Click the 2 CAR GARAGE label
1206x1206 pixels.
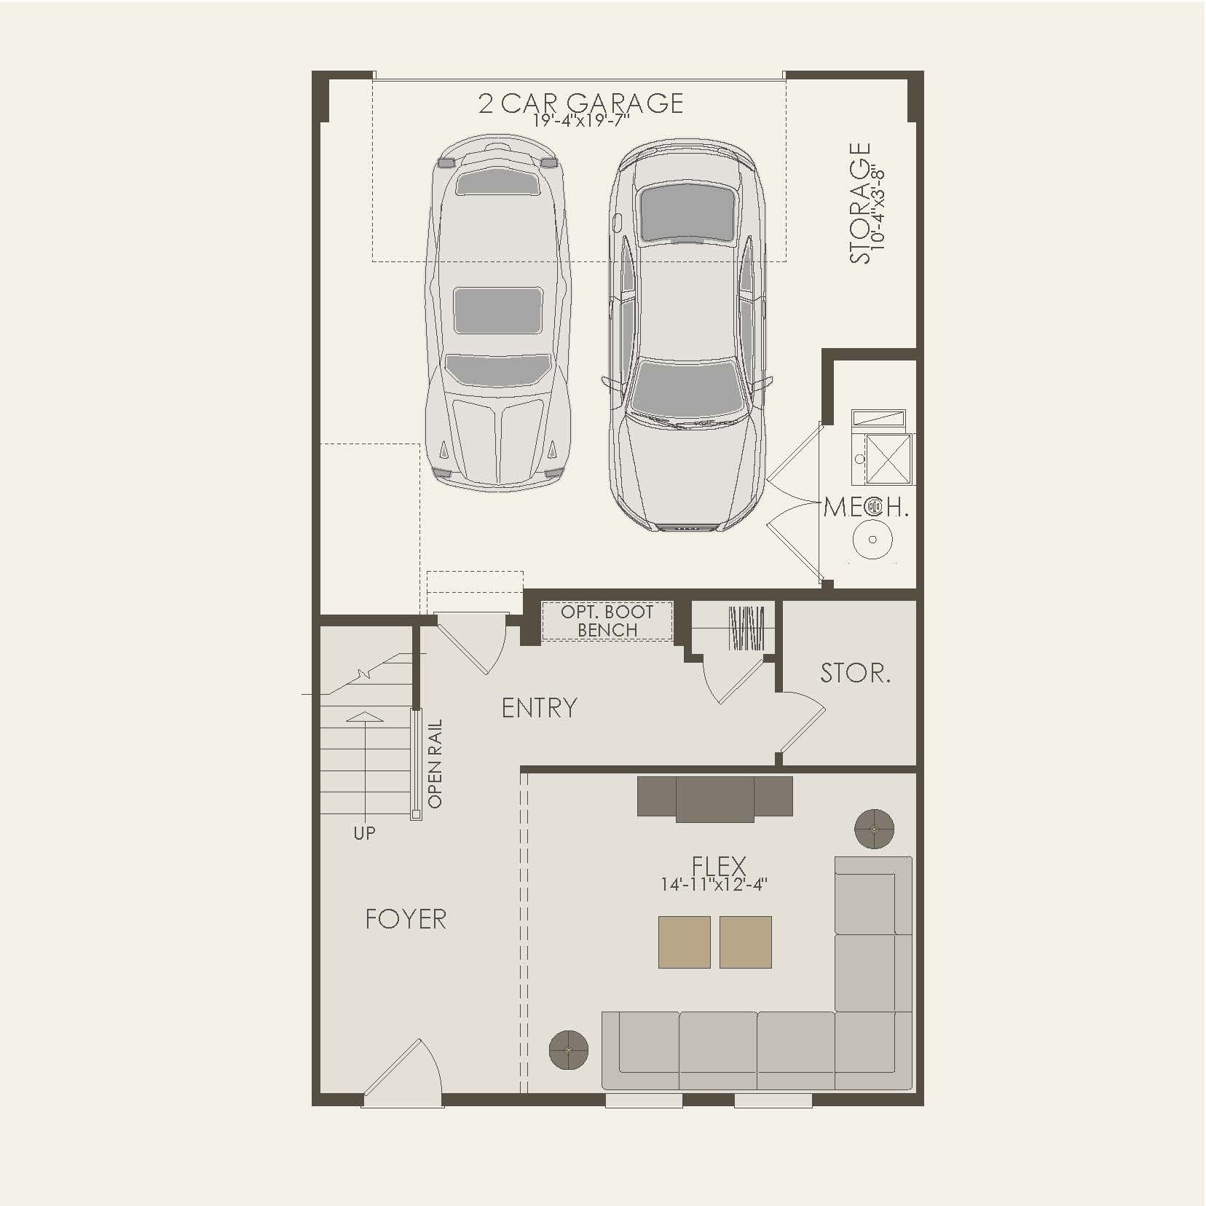(x=580, y=103)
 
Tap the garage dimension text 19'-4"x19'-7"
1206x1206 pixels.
(x=580, y=121)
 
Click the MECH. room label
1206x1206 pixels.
(x=866, y=508)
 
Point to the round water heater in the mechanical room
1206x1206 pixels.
(x=872, y=540)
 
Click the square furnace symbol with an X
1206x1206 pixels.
(x=888, y=459)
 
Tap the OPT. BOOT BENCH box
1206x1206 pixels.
(x=607, y=621)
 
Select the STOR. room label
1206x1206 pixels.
(x=855, y=673)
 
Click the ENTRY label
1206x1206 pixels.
(x=539, y=708)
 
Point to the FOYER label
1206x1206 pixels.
(x=406, y=919)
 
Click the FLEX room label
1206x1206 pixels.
(x=719, y=866)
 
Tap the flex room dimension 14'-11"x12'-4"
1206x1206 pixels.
(x=714, y=885)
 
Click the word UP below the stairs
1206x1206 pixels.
(x=364, y=833)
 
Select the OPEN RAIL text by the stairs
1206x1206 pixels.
(x=435, y=764)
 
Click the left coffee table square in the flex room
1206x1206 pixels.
(x=684, y=942)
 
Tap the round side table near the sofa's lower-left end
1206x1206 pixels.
(x=568, y=1050)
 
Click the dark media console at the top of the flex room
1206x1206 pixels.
(x=714, y=797)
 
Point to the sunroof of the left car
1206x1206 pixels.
(x=499, y=310)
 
